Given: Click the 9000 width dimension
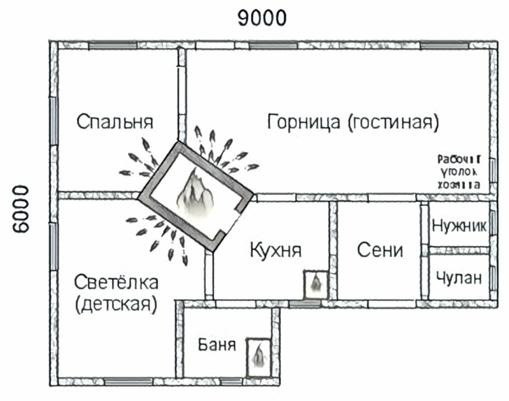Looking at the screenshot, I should (x=262, y=18).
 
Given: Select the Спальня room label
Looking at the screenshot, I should (x=115, y=121).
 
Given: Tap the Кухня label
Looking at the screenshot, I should (x=275, y=250).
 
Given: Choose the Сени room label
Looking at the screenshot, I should (x=380, y=250).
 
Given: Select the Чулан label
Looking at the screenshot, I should (x=459, y=278).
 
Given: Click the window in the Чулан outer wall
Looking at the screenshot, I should (x=492, y=277).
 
